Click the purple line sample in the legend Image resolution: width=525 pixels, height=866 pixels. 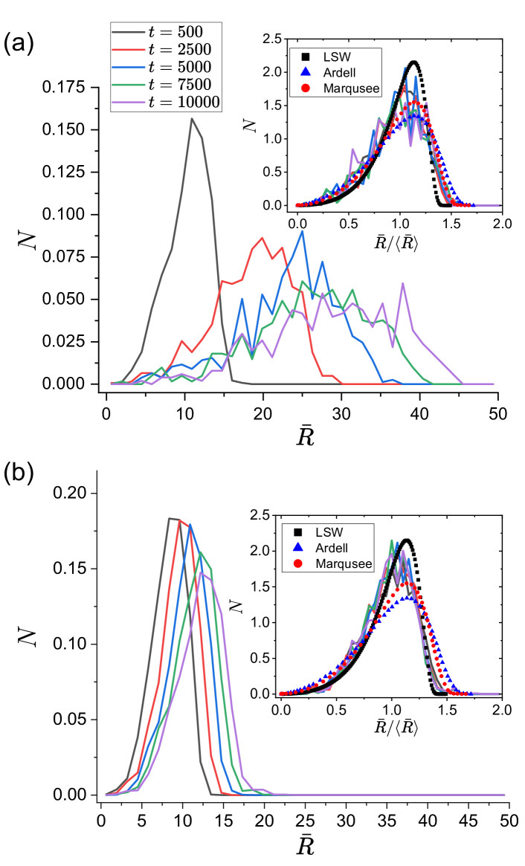tap(128, 103)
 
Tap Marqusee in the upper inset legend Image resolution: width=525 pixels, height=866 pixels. tap(351, 88)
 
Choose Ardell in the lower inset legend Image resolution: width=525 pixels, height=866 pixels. tap(331, 548)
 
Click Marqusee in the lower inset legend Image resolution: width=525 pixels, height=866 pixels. tap(344, 564)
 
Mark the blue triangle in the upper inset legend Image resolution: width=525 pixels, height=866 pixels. tap(305, 72)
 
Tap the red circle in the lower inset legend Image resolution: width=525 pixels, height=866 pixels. tap(297, 564)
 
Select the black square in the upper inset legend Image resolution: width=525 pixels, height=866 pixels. tap(305, 56)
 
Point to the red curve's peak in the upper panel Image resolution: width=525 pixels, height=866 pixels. tap(262, 238)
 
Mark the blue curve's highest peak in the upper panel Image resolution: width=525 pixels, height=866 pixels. tap(302, 230)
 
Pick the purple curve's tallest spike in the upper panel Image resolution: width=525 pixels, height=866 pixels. tap(402, 282)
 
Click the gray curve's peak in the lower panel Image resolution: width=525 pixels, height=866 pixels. tap(171, 518)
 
